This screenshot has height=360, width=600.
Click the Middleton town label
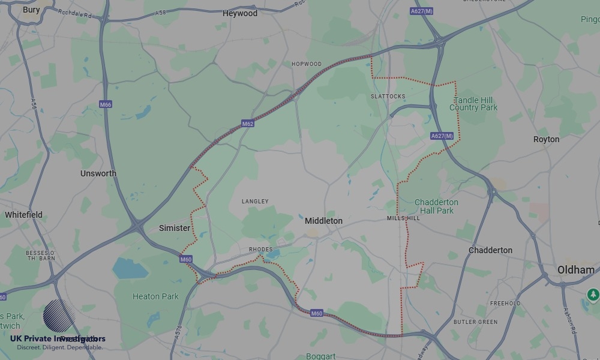coord(323,221)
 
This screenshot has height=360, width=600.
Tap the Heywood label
coord(239,13)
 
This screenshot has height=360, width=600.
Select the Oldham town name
coord(575,270)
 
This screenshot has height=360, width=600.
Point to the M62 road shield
coord(248,124)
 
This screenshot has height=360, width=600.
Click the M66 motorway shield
coord(106,104)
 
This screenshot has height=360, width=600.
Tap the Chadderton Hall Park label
coord(436,206)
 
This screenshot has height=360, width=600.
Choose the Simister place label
coord(175,228)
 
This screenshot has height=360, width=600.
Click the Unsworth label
coord(98,173)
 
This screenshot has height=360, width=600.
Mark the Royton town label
coord(546,139)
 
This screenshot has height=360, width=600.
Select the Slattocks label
coord(388,96)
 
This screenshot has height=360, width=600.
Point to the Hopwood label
coord(306,64)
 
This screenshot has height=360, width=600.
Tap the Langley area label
coord(255,202)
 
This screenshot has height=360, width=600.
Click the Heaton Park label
coord(155,296)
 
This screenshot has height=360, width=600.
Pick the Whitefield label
coord(23,215)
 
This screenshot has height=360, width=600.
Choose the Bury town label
coord(31,10)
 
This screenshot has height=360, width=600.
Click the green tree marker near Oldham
coord(593,294)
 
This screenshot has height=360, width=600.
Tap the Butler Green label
coord(475,322)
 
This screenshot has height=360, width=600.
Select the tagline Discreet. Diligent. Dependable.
coord(59,347)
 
